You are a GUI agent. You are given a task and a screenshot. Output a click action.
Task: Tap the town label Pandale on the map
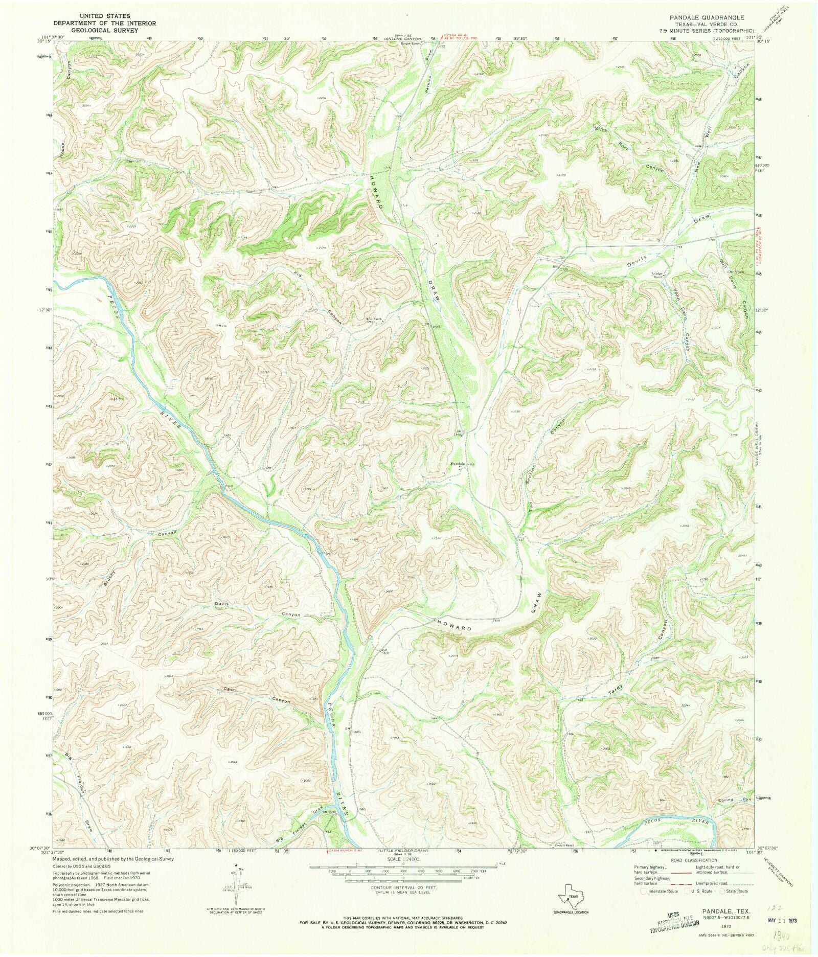[458, 464]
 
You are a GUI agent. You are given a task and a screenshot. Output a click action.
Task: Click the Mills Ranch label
[374, 319]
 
